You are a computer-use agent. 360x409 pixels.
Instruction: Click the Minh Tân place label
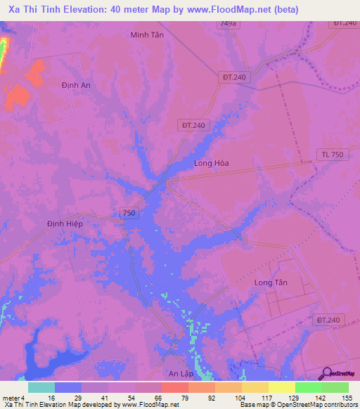click(147, 34)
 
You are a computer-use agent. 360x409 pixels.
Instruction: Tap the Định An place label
click(75, 85)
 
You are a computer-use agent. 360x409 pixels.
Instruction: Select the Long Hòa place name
click(212, 163)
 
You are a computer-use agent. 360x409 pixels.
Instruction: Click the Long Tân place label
click(271, 283)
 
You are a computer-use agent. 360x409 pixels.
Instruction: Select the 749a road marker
click(227, 24)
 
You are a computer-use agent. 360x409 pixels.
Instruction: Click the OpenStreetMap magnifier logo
click(326, 374)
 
